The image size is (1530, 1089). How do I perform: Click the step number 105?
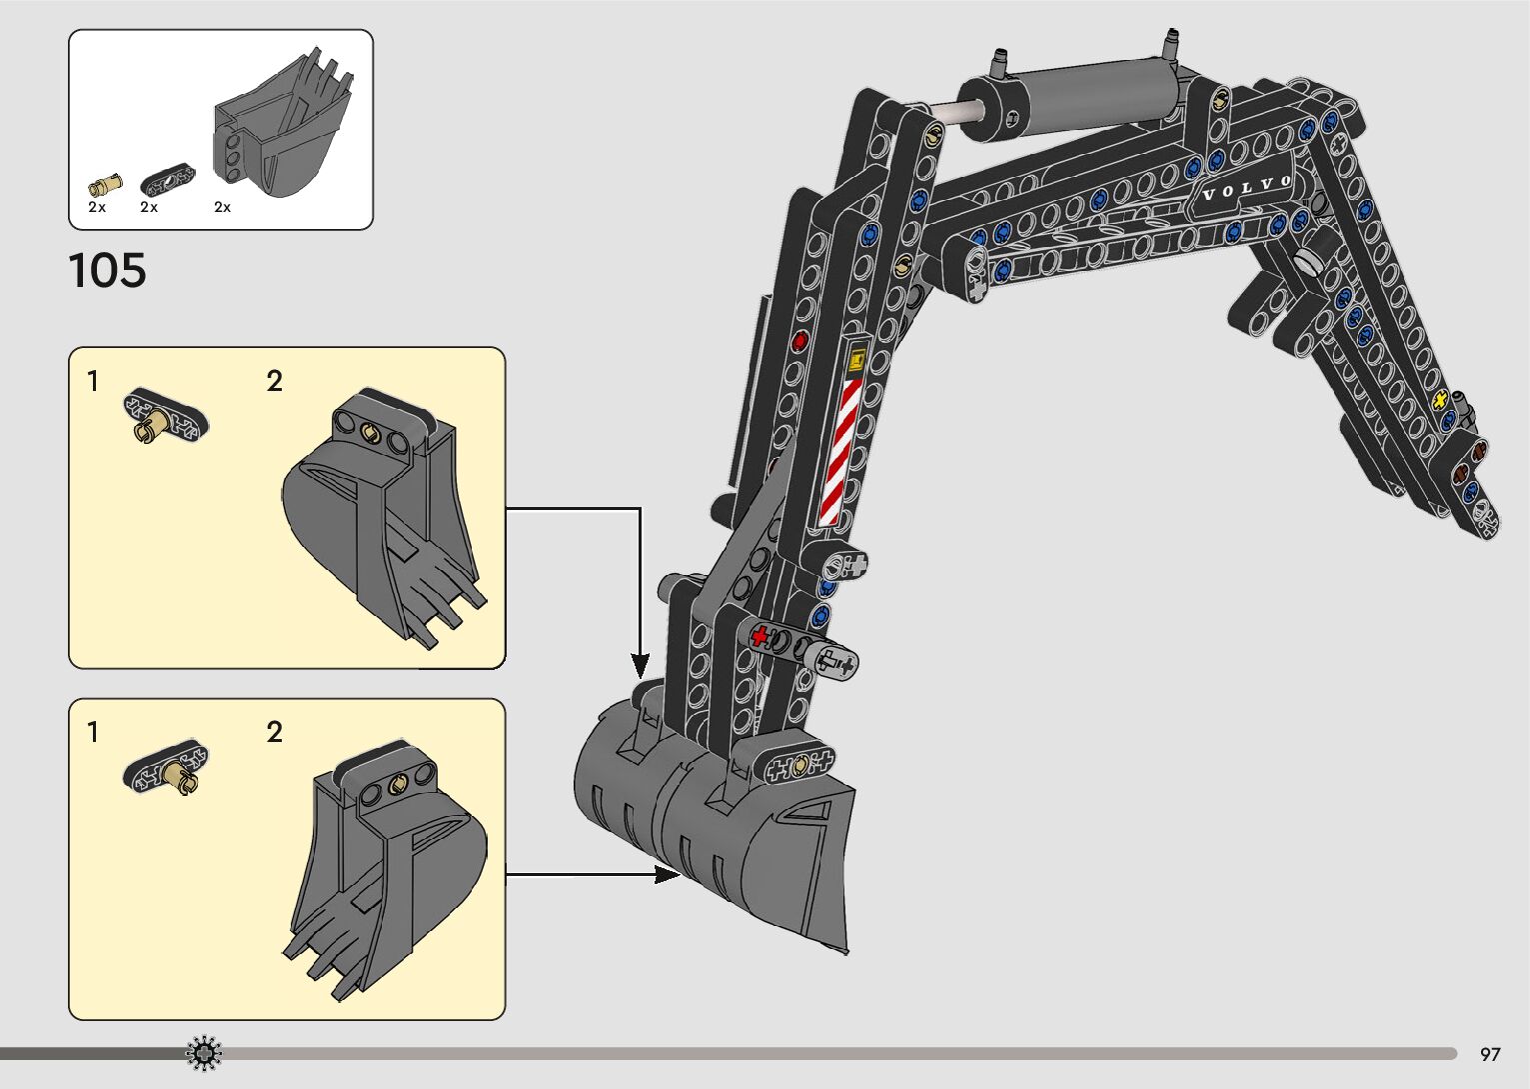click(x=107, y=271)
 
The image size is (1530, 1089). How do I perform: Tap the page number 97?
click(x=1490, y=1054)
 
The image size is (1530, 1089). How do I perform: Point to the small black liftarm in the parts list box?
click(x=167, y=181)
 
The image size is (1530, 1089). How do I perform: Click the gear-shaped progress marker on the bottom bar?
click(x=204, y=1052)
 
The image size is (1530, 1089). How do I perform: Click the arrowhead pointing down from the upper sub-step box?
click(x=640, y=664)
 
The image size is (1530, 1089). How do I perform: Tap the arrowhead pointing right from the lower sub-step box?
click(x=668, y=875)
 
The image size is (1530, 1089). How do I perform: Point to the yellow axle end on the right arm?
click(x=1441, y=400)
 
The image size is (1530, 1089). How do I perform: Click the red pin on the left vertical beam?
click(x=799, y=342)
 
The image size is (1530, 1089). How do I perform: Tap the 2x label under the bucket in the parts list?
click(x=222, y=207)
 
